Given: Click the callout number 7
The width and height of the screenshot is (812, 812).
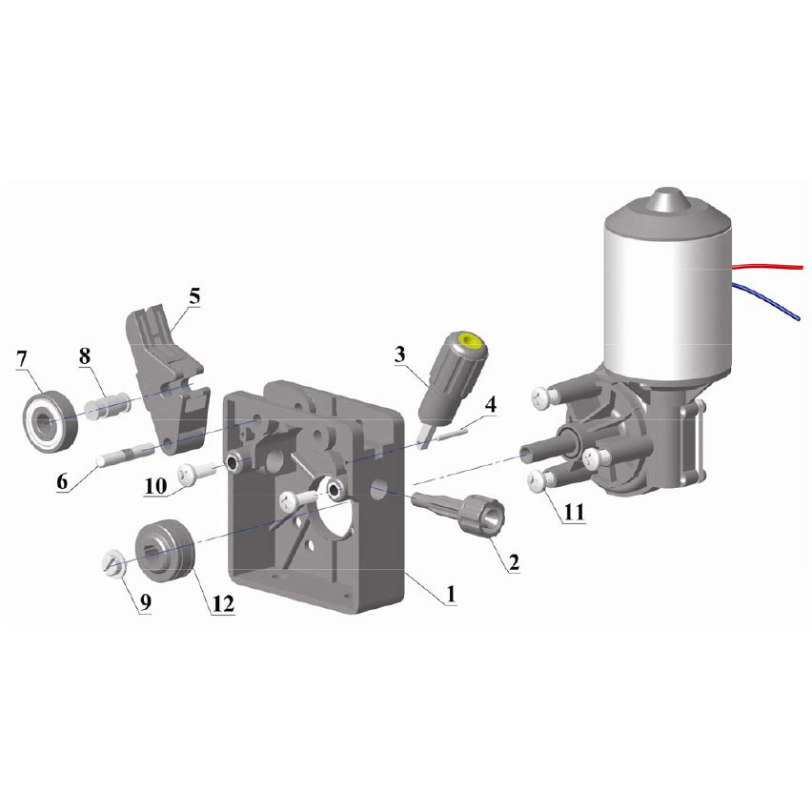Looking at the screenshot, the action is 21,359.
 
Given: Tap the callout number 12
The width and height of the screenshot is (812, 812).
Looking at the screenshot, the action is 223,602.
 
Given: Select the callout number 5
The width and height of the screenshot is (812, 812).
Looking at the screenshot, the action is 194,296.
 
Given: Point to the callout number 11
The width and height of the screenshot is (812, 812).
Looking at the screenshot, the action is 574,512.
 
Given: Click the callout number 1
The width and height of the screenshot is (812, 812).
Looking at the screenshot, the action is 451,594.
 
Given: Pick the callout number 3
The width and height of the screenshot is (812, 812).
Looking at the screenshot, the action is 399,355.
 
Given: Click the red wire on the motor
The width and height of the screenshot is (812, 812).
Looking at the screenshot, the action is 767,267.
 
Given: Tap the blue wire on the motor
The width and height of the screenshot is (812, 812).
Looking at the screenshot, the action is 769,299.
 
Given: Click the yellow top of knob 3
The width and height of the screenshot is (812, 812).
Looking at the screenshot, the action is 470,341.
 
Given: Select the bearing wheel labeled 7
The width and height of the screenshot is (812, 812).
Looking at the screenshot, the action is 51,422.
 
